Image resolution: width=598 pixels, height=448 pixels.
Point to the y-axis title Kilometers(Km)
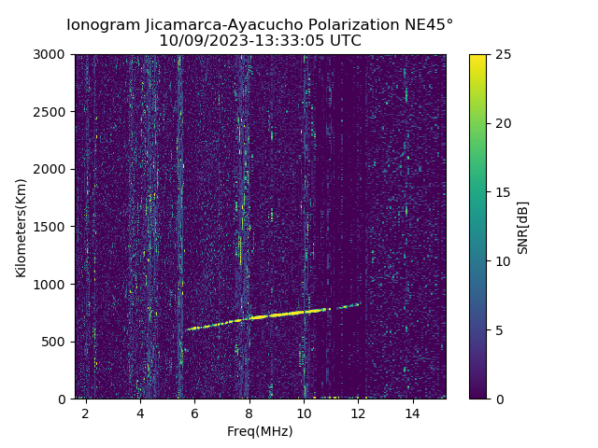click(x=21, y=227)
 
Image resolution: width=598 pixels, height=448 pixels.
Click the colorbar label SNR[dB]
click(x=523, y=227)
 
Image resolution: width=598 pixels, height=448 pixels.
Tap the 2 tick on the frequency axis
click(x=86, y=413)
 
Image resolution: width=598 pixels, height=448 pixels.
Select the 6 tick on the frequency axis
click(x=194, y=413)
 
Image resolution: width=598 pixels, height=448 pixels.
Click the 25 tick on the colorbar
click(x=502, y=55)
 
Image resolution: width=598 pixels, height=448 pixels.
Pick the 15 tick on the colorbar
click(x=502, y=192)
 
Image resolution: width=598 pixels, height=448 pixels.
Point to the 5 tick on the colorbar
click(x=499, y=330)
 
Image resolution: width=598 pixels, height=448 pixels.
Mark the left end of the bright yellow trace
click(x=187, y=329)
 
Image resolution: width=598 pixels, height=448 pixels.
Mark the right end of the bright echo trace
click(x=359, y=303)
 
